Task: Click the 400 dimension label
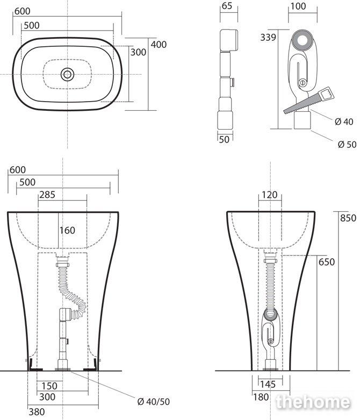coord(159,45)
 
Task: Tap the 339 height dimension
coord(268,37)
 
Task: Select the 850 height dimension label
coord(348,218)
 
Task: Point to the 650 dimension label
coord(327,262)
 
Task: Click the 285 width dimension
coord(47,195)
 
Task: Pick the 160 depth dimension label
coord(67,230)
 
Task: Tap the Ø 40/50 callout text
coord(154,402)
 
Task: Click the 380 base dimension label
coord(37,412)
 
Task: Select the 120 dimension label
coord(270,195)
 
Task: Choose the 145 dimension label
coord(268,385)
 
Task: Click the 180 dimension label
coord(261,397)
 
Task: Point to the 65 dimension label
coord(227,6)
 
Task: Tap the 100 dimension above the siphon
coord(298,6)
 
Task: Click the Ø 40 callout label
coord(344,122)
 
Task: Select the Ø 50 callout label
coord(347,145)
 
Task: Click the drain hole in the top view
coord(67,74)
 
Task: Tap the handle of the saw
coord(327,94)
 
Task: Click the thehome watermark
coord(313,402)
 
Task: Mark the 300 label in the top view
coord(138,52)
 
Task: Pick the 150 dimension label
coord(49,386)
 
